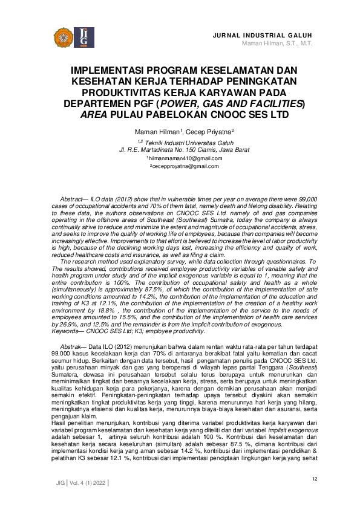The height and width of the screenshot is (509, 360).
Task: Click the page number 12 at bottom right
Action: tap(315, 479)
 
